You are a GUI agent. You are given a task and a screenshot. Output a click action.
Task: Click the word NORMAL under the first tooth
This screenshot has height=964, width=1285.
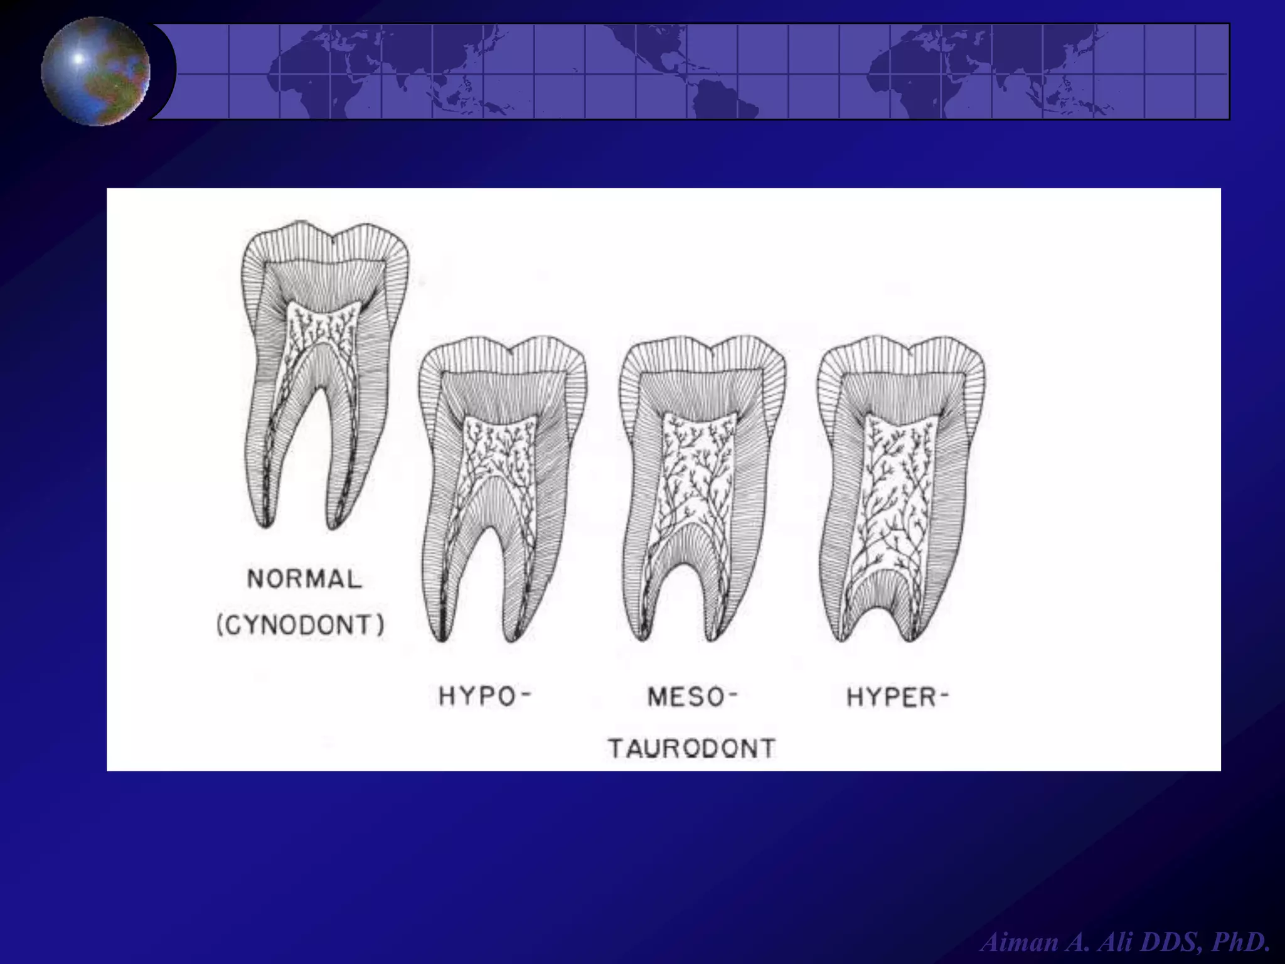[304, 578]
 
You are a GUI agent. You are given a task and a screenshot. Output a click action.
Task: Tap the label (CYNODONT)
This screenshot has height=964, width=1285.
[301, 626]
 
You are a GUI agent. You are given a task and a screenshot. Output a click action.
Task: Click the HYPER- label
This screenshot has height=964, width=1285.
[897, 697]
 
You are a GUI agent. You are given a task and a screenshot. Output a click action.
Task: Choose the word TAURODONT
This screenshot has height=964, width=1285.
[691, 748]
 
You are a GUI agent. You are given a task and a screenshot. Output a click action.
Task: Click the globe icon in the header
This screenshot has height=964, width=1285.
[95, 71]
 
